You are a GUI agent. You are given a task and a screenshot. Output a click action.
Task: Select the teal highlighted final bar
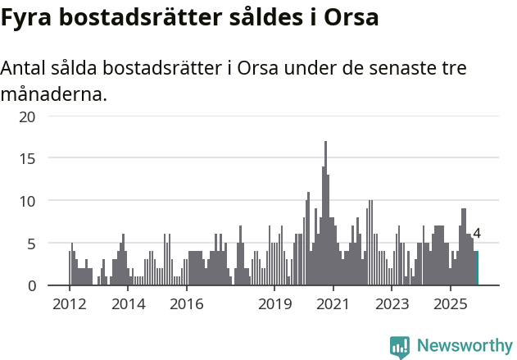(x=476, y=268)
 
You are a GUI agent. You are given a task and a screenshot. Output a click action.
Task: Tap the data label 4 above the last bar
(x=477, y=234)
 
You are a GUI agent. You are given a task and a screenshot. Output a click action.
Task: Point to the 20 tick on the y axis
(x=28, y=116)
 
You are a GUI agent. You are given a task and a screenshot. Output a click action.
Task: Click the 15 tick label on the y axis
(x=28, y=158)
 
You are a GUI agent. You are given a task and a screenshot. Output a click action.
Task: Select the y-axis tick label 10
(x=28, y=201)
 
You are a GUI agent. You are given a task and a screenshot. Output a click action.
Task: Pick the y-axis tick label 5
(x=31, y=244)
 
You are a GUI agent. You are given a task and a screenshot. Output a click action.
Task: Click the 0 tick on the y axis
(x=31, y=285)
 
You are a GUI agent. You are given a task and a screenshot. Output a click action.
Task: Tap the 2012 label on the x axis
(x=69, y=304)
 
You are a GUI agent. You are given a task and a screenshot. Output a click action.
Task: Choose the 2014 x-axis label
(x=128, y=304)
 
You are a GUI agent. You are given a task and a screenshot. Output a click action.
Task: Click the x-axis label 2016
(x=187, y=304)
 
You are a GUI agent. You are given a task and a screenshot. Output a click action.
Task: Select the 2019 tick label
(x=274, y=304)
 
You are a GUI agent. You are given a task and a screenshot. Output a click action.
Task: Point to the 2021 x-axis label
(x=333, y=304)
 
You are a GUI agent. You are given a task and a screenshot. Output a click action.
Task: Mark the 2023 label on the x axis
(x=392, y=304)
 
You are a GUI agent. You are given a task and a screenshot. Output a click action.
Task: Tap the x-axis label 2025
(x=450, y=304)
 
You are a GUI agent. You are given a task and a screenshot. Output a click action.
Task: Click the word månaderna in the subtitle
(x=53, y=94)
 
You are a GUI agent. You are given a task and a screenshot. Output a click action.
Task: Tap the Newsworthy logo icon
(x=400, y=347)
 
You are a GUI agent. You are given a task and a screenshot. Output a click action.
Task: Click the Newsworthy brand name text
(x=465, y=346)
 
